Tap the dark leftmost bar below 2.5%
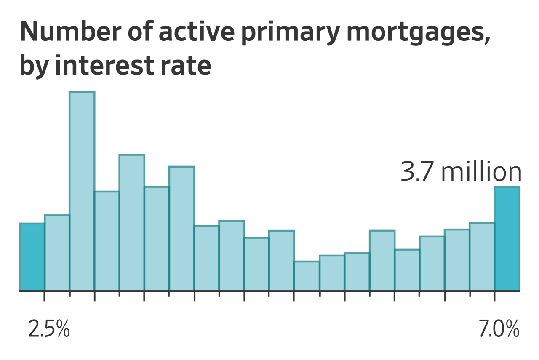[x=32, y=257]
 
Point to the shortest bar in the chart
[x=307, y=276]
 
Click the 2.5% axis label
[x=49, y=329]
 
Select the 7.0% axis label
[x=499, y=329]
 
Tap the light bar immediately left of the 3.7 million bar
[x=482, y=257]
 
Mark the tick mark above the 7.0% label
[x=494, y=296]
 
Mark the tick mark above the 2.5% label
[x=44, y=296]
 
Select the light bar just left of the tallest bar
[x=57, y=253]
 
